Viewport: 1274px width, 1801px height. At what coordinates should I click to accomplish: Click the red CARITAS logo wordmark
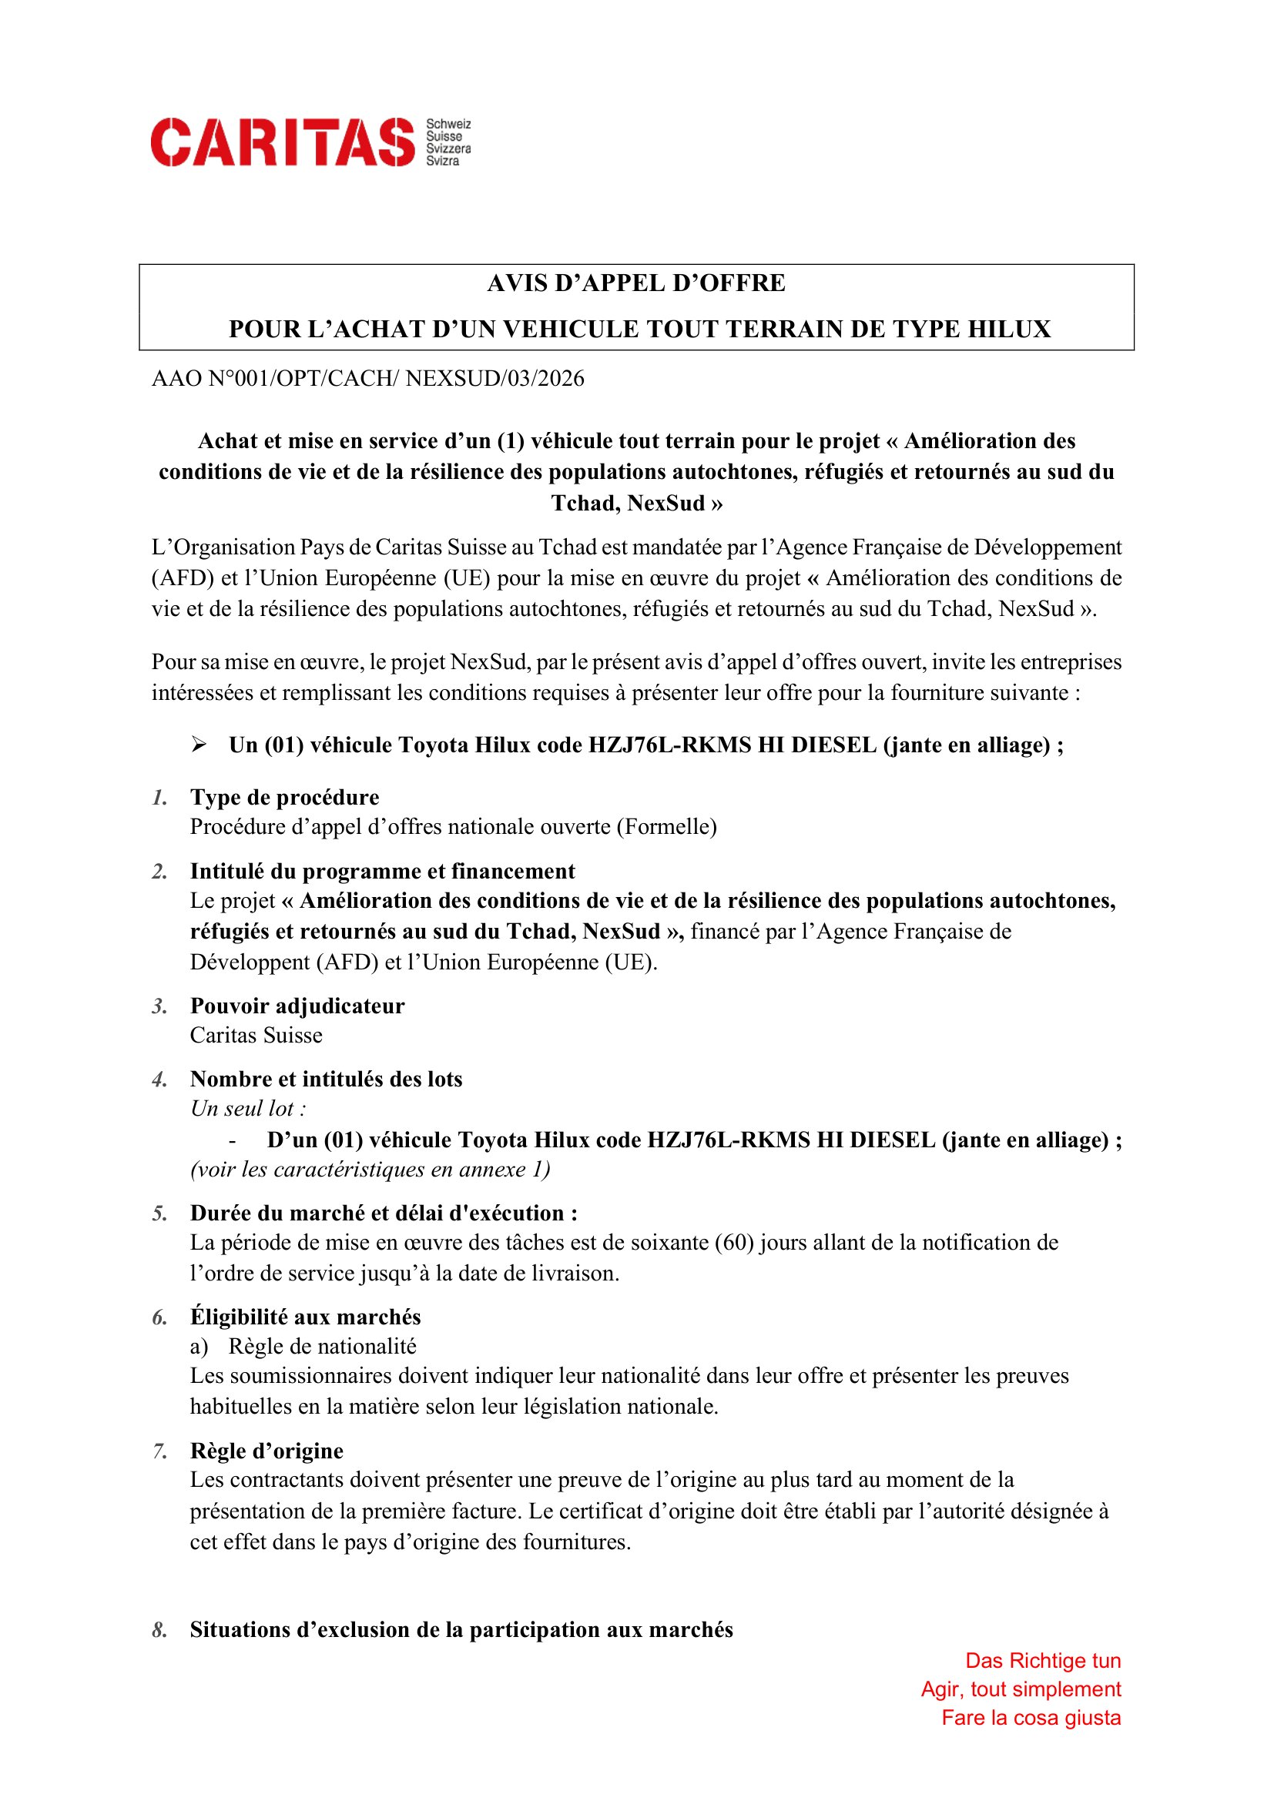(283, 142)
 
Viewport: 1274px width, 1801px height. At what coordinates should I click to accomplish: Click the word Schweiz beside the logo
(448, 125)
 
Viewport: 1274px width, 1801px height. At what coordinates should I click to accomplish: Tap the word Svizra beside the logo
(442, 161)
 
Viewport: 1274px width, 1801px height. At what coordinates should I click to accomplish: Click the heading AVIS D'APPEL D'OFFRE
(636, 283)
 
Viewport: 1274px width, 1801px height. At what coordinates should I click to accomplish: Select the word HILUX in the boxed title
(1009, 330)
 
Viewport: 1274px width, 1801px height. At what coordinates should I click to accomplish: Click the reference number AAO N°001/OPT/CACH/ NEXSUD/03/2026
(368, 379)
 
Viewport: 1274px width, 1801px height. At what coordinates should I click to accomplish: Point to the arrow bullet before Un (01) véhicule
(199, 745)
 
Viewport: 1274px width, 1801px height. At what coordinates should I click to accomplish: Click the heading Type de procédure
(284, 798)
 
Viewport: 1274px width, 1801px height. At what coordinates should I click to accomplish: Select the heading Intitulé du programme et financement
(382, 872)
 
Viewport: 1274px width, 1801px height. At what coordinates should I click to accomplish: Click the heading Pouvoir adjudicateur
(297, 1006)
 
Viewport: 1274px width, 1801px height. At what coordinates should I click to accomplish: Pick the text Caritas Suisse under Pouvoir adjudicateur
(256, 1036)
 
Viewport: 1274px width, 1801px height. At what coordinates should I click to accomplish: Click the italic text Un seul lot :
(248, 1108)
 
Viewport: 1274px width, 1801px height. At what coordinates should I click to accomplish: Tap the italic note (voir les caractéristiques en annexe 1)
(370, 1170)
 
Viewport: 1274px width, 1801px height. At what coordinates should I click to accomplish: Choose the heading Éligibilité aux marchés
(305, 1317)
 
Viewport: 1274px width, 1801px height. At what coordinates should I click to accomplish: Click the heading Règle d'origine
(267, 1451)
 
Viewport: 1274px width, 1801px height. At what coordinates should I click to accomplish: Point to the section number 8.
(159, 1630)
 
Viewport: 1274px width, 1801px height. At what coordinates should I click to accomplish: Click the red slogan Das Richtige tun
(1043, 1661)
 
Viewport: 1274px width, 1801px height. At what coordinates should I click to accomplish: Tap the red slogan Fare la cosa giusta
(1031, 1718)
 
